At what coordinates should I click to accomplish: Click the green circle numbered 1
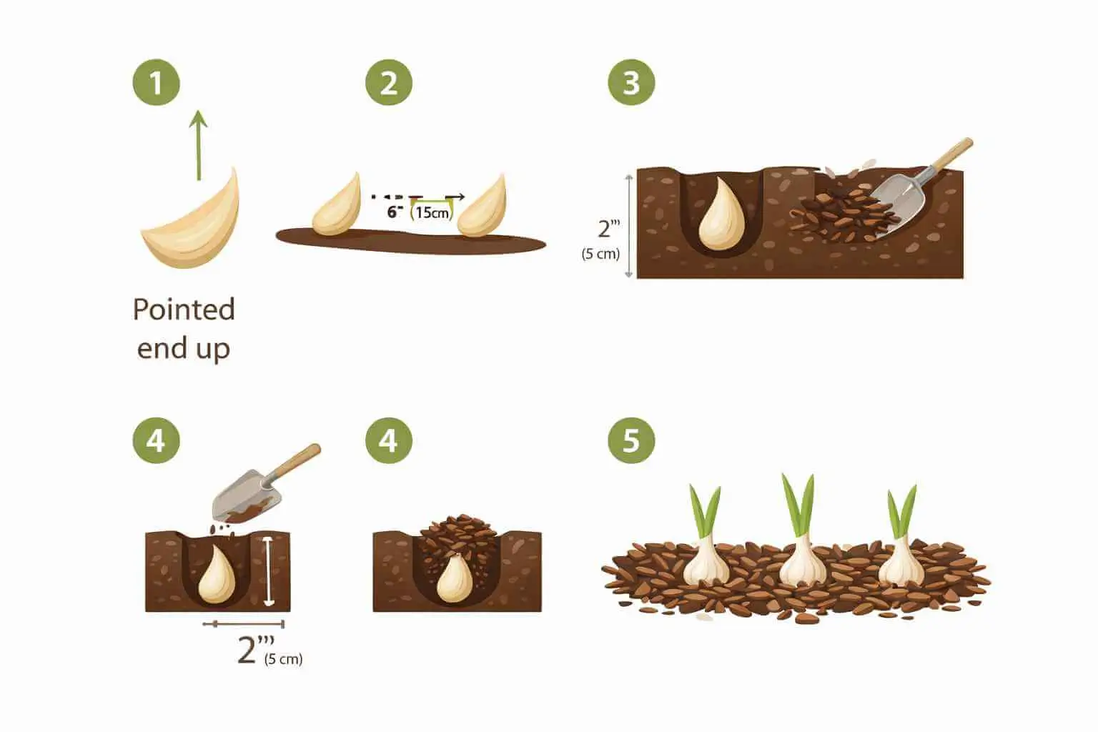(156, 83)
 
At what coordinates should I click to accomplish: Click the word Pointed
(184, 310)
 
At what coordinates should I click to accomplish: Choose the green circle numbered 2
(389, 83)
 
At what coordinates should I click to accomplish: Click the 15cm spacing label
(432, 212)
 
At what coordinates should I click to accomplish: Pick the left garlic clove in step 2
(337, 207)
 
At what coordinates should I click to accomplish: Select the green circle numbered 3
(631, 83)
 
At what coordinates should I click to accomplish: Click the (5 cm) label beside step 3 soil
(600, 254)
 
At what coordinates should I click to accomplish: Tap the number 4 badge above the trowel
(156, 440)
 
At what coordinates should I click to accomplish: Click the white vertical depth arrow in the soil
(268, 572)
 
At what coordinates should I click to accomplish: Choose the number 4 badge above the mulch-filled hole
(389, 440)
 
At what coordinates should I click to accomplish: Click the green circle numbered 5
(631, 440)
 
